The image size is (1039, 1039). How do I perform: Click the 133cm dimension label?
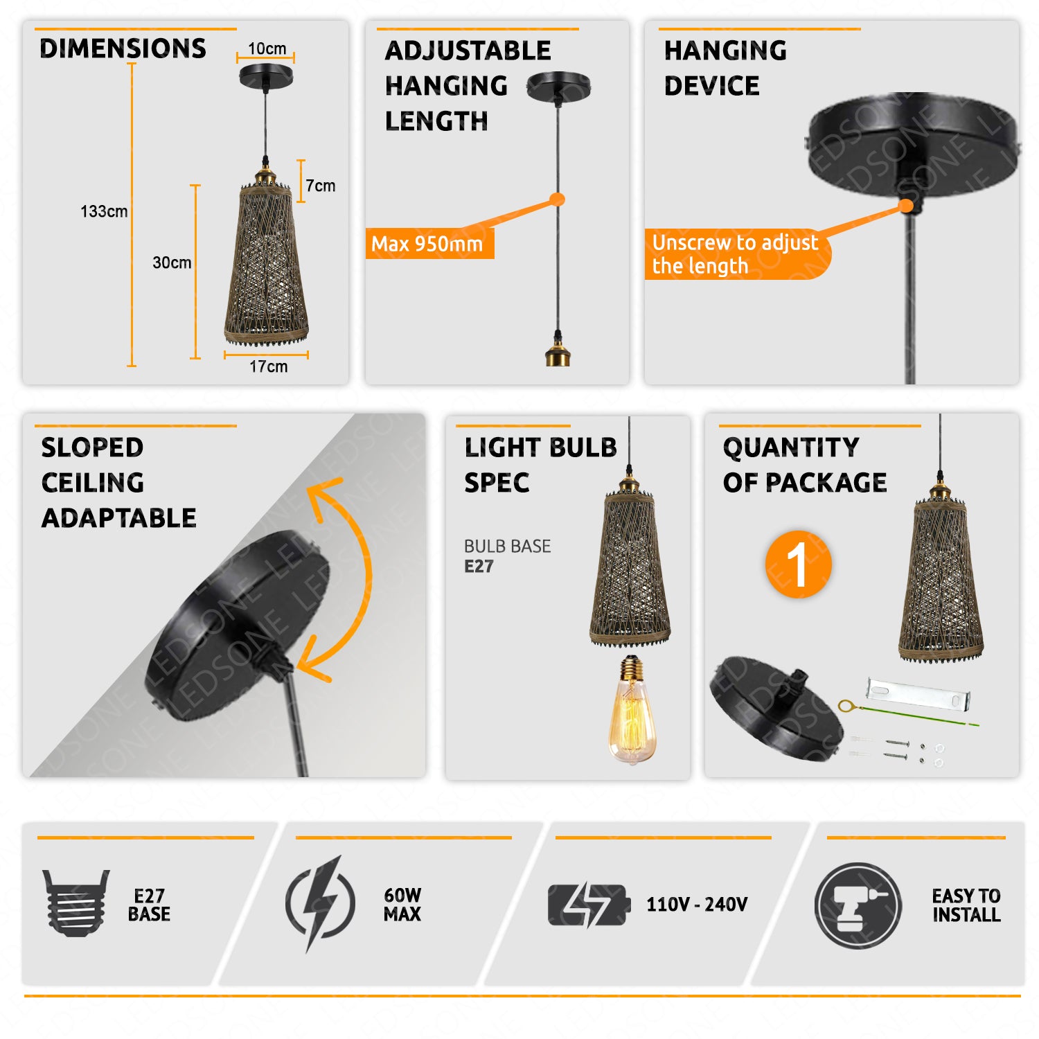tap(104, 211)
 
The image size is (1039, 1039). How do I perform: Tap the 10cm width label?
tap(267, 48)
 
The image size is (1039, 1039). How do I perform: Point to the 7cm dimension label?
tap(321, 186)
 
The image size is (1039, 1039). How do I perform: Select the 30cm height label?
tap(172, 263)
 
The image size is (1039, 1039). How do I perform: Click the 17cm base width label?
tap(268, 366)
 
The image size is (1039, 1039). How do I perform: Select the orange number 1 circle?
tap(798, 565)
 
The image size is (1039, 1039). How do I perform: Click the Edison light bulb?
tap(632, 710)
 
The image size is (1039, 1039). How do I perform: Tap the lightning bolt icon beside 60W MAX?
tap(320, 903)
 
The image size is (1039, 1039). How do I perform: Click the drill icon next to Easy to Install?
tap(858, 906)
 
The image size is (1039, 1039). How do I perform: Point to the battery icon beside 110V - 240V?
tap(589, 905)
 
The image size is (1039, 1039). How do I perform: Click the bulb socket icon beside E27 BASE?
tap(76, 903)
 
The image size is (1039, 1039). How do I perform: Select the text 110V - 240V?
tap(697, 905)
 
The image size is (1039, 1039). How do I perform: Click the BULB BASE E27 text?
tap(508, 556)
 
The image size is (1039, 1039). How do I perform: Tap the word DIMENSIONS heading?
tap(123, 48)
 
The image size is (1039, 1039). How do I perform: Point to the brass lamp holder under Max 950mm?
tap(558, 350)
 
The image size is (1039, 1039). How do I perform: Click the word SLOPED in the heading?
tap(92, 447)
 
